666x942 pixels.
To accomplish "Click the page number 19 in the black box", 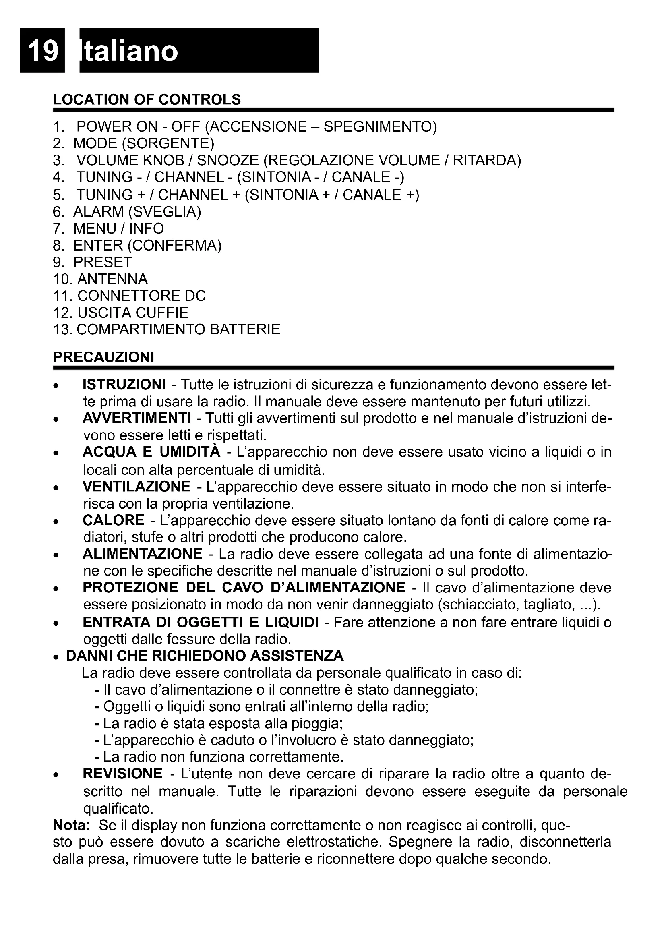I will (x=43, y=51).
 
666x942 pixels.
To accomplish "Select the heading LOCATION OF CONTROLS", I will (x=147, y=100).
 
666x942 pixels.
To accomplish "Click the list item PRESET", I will (x=103, y=262).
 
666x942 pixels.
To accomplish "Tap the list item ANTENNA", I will (x=112, y=279).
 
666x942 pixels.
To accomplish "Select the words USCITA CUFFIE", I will (x=132, y=313).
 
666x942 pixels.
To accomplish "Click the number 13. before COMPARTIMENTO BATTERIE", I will (x=63, y=329).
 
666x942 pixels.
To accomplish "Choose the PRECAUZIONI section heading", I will (x=103, y=357).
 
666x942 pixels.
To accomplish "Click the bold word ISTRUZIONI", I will (x=124, y=385).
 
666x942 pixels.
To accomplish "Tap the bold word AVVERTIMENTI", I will (x=137, y=418).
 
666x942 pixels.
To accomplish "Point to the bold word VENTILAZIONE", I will (x=136, y=487).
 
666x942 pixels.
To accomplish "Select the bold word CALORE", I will (x=114, y=520).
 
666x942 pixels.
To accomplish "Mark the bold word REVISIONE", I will (x=123, y=774).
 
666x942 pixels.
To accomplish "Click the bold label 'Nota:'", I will (x=71, y=825).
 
